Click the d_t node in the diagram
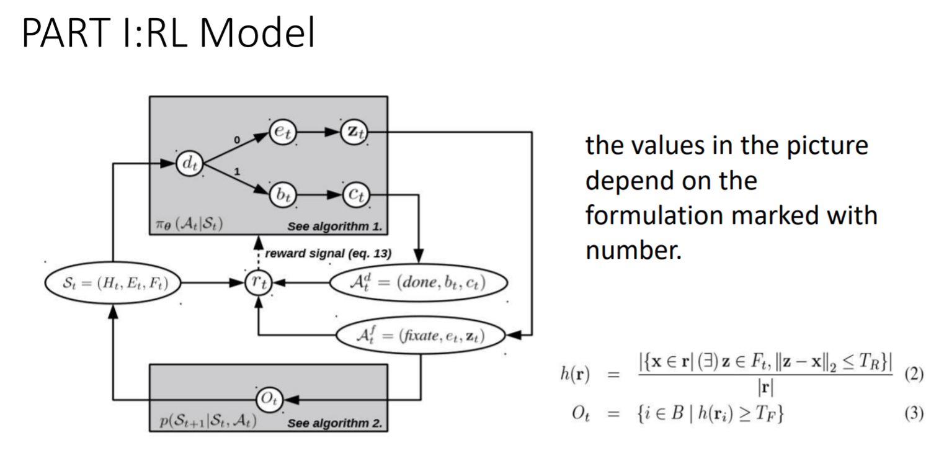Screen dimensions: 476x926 189,164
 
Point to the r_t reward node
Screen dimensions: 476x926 257,283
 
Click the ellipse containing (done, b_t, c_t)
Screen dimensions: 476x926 418,283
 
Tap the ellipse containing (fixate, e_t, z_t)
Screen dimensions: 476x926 421,336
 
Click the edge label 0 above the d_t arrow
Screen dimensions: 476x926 236,140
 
